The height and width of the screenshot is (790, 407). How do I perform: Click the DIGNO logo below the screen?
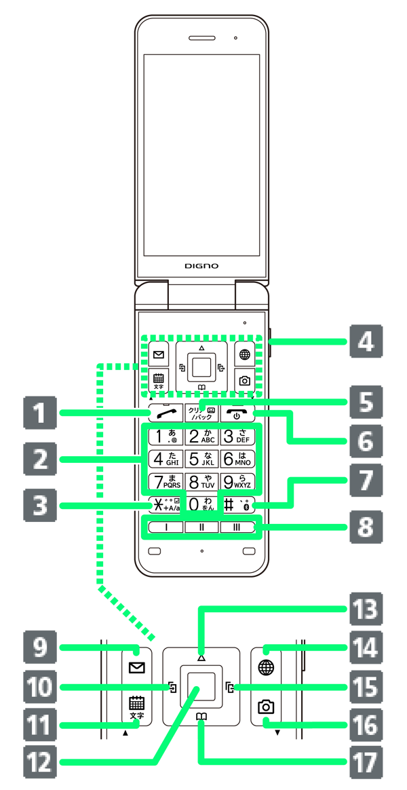pyautogui.click(x=201, y=266)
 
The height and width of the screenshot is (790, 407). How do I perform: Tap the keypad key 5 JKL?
pyautogui.click(x=201, y=459)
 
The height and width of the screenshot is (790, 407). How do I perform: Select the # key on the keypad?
pyautogui.click(x=238, y=505)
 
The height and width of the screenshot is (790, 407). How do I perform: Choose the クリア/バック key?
pyautogui.click(x=201, y=413)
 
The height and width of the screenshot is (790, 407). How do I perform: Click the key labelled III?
pyautogui.click(x=238, y=527)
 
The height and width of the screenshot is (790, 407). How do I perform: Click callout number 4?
pyautogui.click(x=366, y=341)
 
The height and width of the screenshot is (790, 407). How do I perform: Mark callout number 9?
pyautogui.click(x=40, y=648)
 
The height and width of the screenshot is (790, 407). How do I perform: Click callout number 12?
pyautogui.click(x=40, y=763)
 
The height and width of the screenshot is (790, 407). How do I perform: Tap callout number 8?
pyautogui.click(x=366, y=527)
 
